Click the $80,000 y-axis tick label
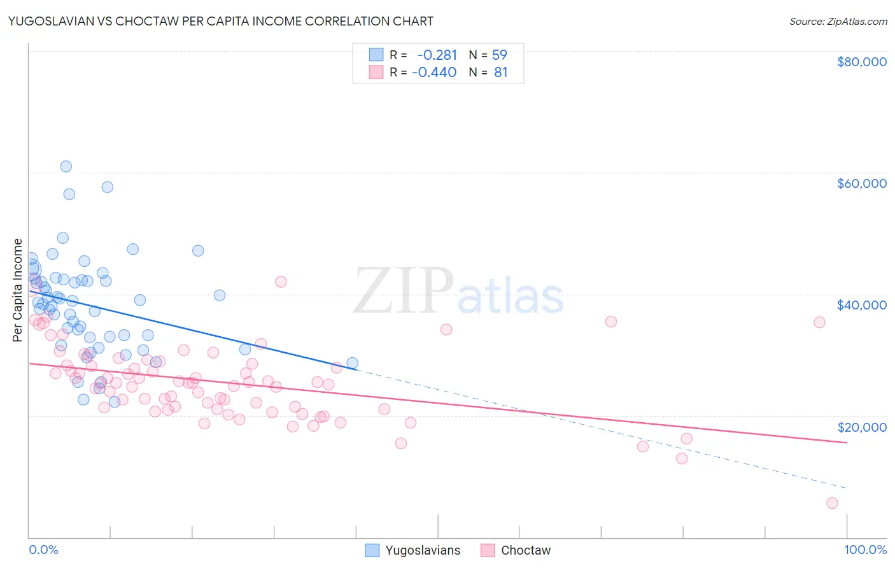click(x=861, y=62)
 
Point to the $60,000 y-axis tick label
click(x=861, y=183)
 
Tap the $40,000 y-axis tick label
click(x=861, y=305)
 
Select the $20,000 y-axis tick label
click(x=861, y=427)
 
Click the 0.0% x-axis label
click(x=43, y=550)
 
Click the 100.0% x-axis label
click(x=865, y=550)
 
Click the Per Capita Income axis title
click(x=18, y=290)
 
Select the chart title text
click(x=221, y=21)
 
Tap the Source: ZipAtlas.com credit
click(x=838, y=22)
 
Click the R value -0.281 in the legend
click(x=437, y=55)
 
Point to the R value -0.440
click(x=434, y=73)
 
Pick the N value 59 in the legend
click(x=500, y=55)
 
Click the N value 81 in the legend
click(x=501, y=73)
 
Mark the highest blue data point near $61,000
click(x=66, y=166)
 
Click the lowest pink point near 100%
click(x=832, y=503)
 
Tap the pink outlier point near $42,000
click(x=281, y=281)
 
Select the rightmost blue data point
click(x=352, y=363)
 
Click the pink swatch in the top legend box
click(x=376, y=73)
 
